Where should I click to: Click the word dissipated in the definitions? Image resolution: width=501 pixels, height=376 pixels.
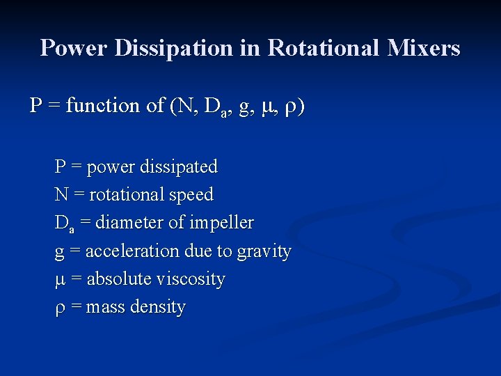point(179,167)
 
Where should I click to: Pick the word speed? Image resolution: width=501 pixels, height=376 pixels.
point(189,196)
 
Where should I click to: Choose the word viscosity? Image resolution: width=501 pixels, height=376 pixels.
point(191,280)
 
